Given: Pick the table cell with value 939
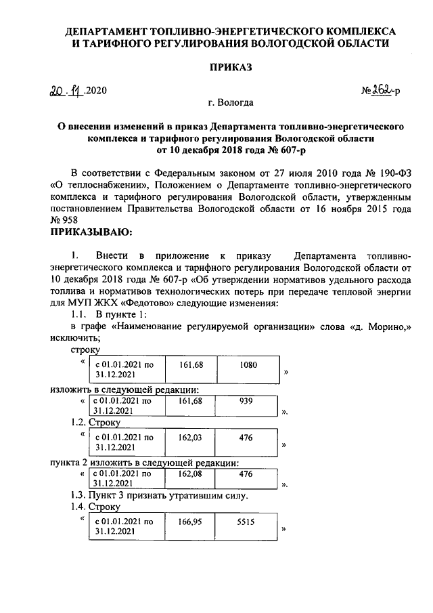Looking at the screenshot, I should [x=246, y=401].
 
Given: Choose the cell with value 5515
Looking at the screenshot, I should [x=246, y=522].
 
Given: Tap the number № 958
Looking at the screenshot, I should [x=64, y=221].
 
